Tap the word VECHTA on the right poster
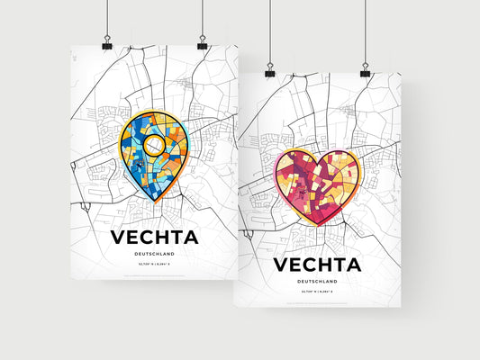pyautogui.click(x=318, y=265)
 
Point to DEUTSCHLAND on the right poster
pyautogui.click(x=318, y=281)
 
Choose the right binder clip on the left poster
pyautogui.click(x=202, y=44)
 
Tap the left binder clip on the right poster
pyautogui.click(x=267, y=69)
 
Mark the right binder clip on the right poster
pyautogui.click(x=366, y=69)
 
